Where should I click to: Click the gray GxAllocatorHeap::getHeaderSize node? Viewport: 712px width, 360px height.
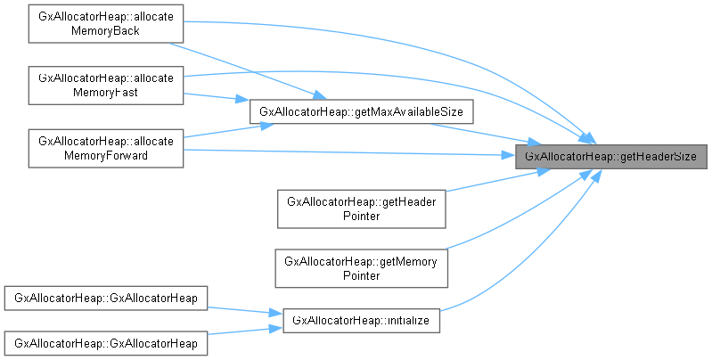610,156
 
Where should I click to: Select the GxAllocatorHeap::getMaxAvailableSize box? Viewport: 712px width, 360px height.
360,111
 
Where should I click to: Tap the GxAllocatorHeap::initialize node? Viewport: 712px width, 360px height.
361,320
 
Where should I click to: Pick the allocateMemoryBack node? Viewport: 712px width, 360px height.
105,23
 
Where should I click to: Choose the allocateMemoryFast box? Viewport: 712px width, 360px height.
105,84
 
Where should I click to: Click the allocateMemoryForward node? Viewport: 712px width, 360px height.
105,147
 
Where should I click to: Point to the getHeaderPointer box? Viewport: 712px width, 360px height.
360,208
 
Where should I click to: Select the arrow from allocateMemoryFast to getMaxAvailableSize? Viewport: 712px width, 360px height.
214,96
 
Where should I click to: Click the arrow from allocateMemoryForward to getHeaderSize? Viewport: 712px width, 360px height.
356,153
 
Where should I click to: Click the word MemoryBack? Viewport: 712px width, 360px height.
105,31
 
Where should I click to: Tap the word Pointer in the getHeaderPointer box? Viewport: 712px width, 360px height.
360,216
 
